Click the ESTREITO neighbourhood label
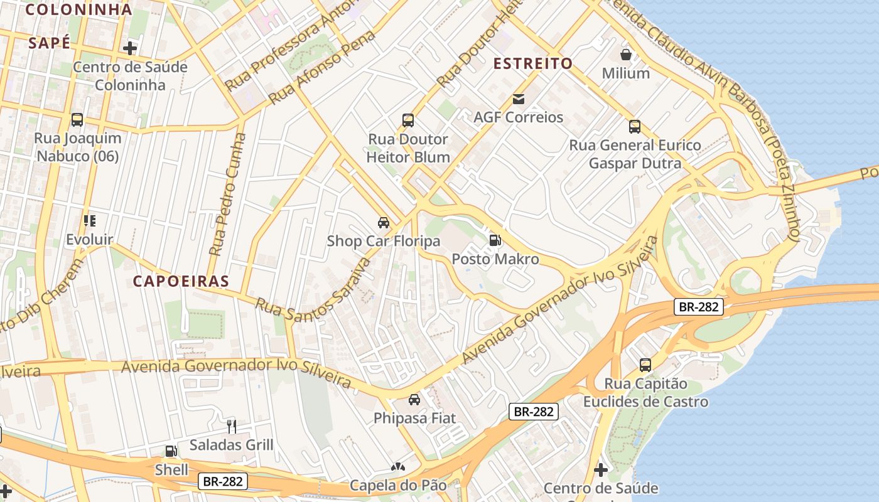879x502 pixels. click(532, 63)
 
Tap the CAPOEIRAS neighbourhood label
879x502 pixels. click(181, 281)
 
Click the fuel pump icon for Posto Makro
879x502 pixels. click(495, 240)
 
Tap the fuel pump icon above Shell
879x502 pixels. click(171, 451)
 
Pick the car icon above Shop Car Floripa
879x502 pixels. click(383, 222)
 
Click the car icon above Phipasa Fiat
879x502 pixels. click(414, 399)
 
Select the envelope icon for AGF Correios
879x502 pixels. click(519, 99)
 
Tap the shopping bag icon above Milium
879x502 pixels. click(625, 55)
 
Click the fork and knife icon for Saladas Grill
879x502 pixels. click(231, 427)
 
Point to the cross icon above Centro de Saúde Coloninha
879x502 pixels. click(130, 48)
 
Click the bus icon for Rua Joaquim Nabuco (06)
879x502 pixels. click(77, 119)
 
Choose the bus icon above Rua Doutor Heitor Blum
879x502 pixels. click(408, 120)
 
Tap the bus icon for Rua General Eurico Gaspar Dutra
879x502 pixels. click(635, 127)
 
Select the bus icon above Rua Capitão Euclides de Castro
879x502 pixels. click(645, 365)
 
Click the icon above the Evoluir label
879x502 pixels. click(90, 221)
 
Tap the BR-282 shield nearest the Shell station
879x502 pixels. click(223, 481)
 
